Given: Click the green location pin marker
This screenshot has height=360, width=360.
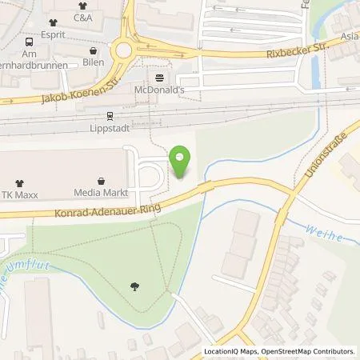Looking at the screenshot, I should click(x=182, y=162).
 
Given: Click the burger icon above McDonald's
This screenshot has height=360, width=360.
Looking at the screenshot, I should click(x=158, y=78).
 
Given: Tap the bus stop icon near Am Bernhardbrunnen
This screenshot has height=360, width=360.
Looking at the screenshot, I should click(x=30, y=41).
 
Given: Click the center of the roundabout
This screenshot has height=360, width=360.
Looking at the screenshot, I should click(x=123, y=50).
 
